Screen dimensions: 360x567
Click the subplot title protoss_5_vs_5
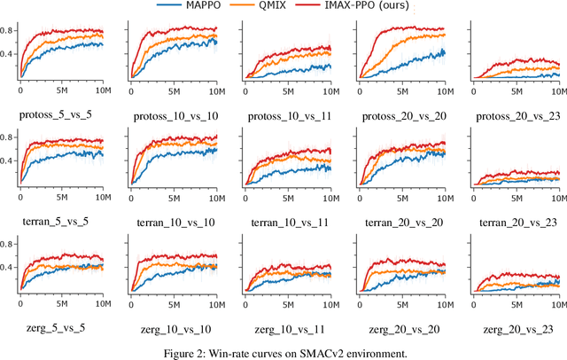point(62,115)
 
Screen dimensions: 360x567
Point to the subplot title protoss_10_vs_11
point(287,115)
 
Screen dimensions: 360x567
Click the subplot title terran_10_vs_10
point(175,222)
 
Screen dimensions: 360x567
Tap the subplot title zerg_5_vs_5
point(62,328)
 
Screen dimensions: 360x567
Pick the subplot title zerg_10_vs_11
point(287,328)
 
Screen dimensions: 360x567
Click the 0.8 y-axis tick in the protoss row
point(8,30)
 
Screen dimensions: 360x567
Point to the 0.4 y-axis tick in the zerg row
point(8,267)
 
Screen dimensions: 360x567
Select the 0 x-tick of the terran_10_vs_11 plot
point(246,197)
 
